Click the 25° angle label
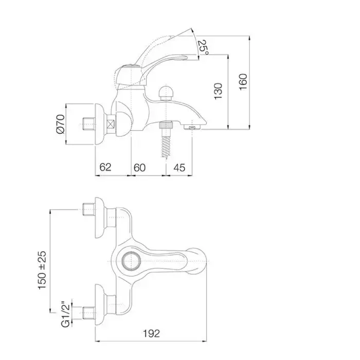(204, 47)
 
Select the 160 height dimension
(243, 82)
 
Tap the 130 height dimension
(218, 91)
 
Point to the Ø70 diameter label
(60, 124)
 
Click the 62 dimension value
(105, 167)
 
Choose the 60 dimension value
(139, 168)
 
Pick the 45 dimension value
(179, 168)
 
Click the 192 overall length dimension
(151, 333)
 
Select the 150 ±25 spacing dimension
(42, 270)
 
